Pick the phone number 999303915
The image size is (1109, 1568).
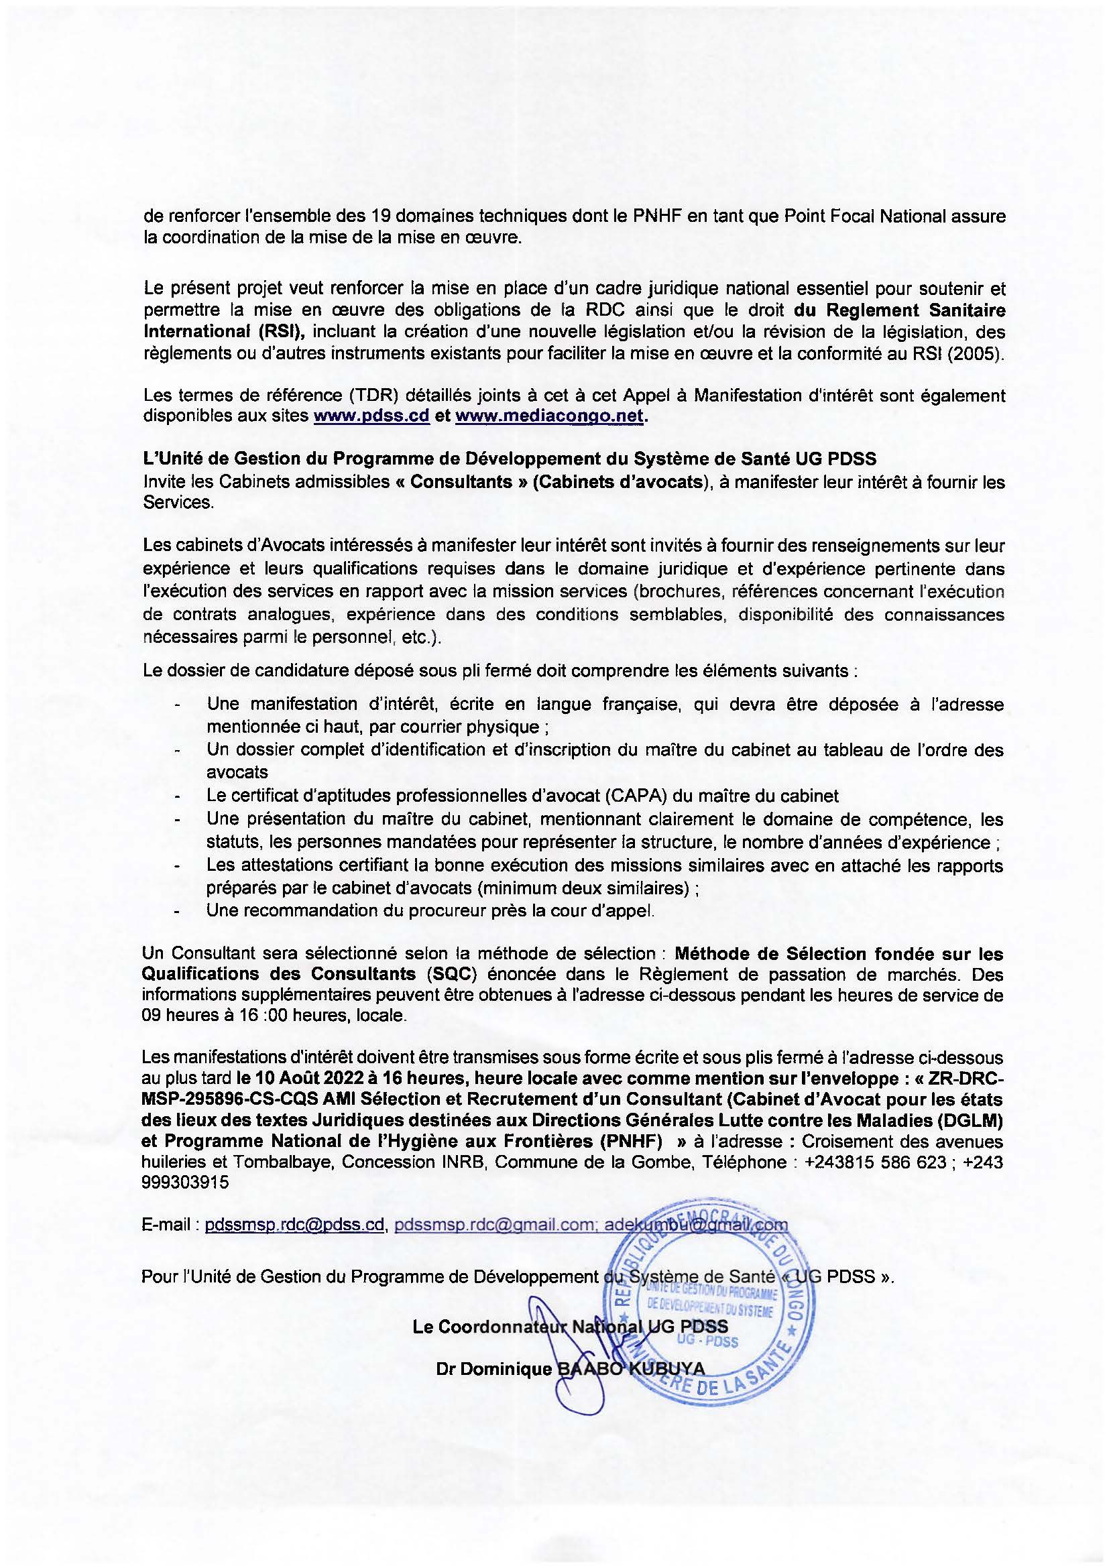(185, 1183)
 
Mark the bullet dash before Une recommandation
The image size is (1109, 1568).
(178, 911)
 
